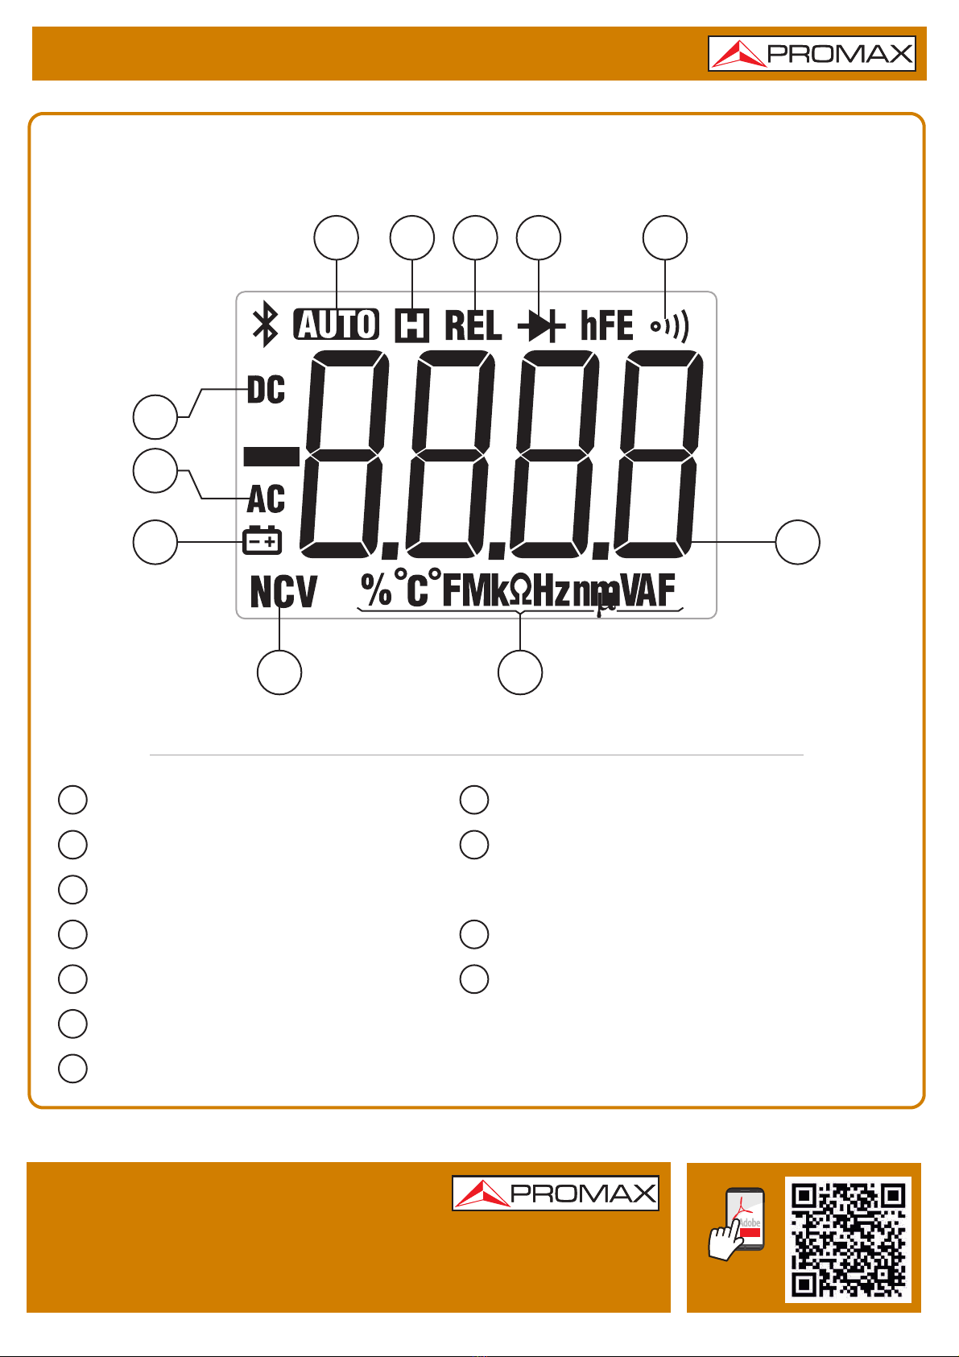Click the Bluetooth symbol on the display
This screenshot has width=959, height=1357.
click(x=265, y=325)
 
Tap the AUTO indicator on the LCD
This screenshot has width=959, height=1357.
click(x=337, y=325)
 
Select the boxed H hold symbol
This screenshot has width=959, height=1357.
click(x=411, y=325)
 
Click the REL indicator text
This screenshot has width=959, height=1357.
click(x=473, y=325)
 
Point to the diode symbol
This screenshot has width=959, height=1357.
click(x=539, y=326)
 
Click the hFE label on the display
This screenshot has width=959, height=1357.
click(x=606, y=325)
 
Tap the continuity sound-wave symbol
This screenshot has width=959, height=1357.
click(x=670, y=326)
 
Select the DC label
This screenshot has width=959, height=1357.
click(x=266, y=391)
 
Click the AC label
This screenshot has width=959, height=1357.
click(x=266, y=499)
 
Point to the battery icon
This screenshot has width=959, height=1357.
click(x=262, y=541)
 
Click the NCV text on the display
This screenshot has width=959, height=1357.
click(x=283, y=593)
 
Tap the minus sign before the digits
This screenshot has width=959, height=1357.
click(x=271, y=457)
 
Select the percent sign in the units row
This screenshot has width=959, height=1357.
click(x=376, y=590)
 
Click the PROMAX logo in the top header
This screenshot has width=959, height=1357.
click(x=812, y=54)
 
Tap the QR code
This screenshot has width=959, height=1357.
click(x=848, y=1239)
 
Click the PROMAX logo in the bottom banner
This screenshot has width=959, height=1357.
click(x=555, y=1193)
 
